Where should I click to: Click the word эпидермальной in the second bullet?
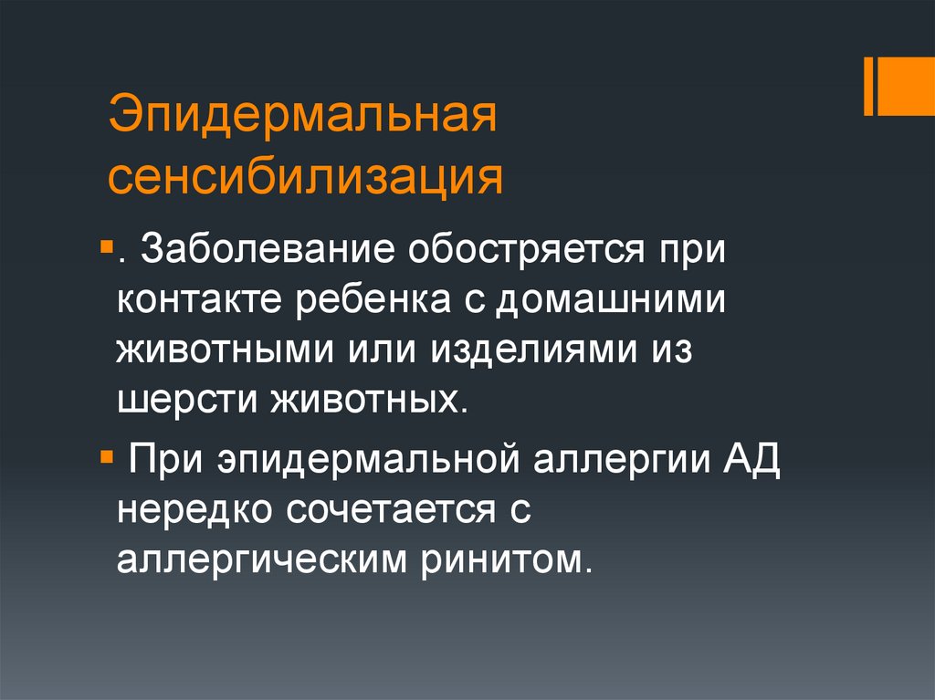pyautogui.click(x=360, y=457)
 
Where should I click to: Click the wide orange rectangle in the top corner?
pyautogui.click(x=908, y=86)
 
